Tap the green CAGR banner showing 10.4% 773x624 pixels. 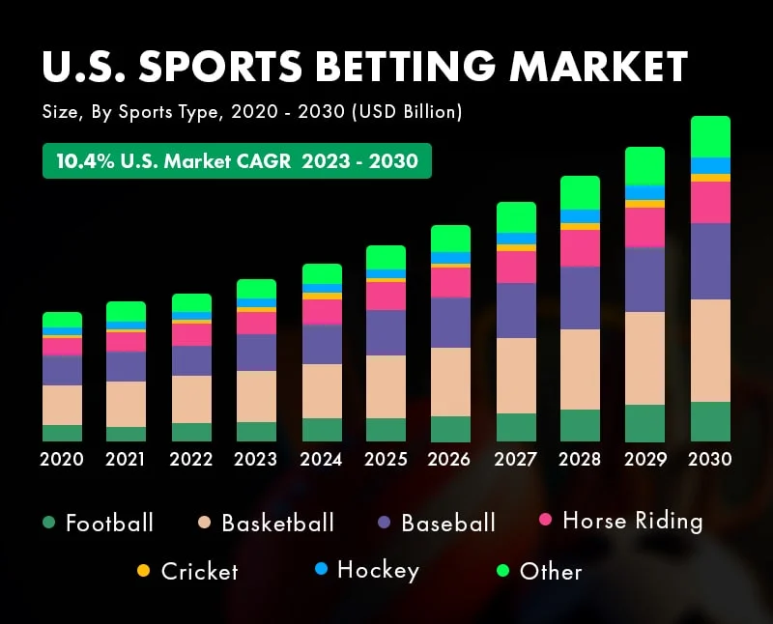237,160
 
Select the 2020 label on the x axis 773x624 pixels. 62,459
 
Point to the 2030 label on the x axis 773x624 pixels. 710,459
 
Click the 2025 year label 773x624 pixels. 386,459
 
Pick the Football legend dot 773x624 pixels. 47,523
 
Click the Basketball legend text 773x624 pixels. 277,524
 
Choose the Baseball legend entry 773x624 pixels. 447,524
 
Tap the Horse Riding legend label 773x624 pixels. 632,521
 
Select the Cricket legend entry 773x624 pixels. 199,571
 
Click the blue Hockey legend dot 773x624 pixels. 322,570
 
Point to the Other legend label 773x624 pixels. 551,571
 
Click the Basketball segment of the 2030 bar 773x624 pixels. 710,350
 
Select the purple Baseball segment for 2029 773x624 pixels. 645,279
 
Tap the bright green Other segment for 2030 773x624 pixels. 710,136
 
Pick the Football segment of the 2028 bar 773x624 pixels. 580,425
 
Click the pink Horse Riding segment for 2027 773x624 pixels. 516,267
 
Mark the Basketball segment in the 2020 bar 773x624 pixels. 62,405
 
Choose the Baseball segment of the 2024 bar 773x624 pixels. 322,344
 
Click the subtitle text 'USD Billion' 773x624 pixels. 407,113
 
